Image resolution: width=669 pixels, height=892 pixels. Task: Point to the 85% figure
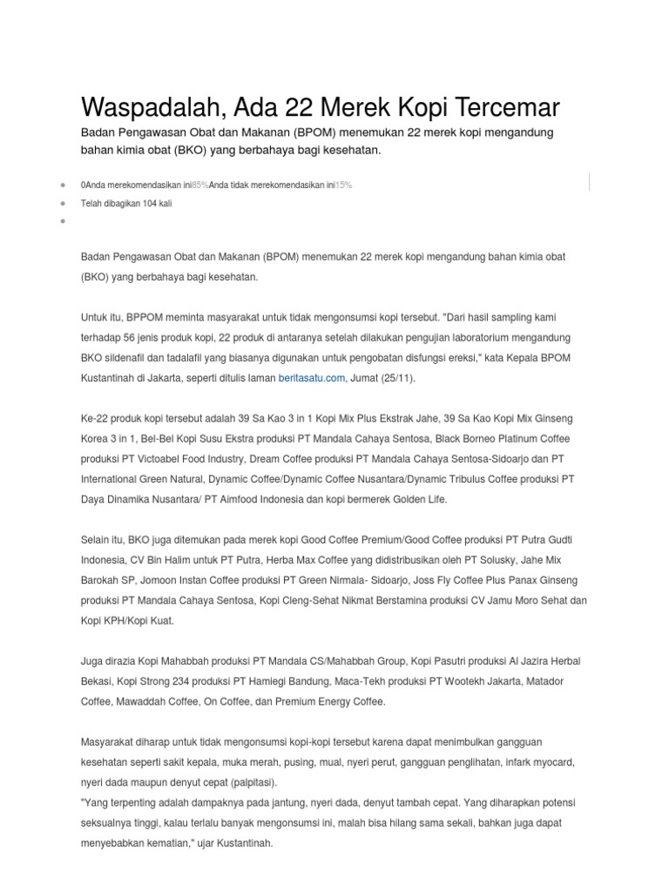tap(199, 186)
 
